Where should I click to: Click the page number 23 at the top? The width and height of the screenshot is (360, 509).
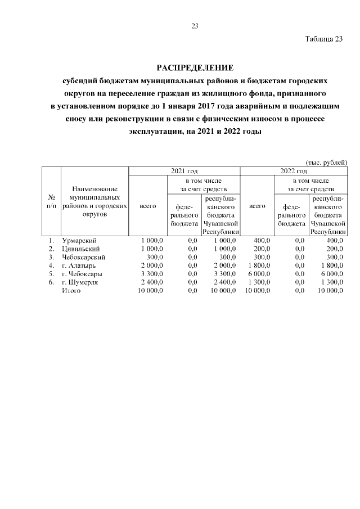tap(195, 26)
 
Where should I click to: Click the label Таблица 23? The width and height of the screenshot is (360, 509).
tap(324, 39)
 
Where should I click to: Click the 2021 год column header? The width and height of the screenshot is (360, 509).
tap(184, 170)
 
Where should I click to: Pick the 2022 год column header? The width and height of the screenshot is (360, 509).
tap(293, 170)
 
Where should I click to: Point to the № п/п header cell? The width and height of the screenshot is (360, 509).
tap(51, 202)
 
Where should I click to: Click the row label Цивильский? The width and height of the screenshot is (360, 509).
tap(81, 249)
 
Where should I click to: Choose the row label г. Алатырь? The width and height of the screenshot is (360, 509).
tap(79, 265)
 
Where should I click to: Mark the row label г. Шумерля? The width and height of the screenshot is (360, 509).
tap(80, 282)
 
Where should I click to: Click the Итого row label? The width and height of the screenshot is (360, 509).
tap(71, 290)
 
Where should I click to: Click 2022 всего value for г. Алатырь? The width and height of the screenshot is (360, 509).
tap(258, 265)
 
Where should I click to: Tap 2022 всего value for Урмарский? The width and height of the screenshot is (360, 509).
tap(262, 241)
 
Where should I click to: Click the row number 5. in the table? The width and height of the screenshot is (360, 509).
tap(51, 274)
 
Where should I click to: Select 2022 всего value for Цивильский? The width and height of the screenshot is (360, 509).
tap(262, 249)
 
